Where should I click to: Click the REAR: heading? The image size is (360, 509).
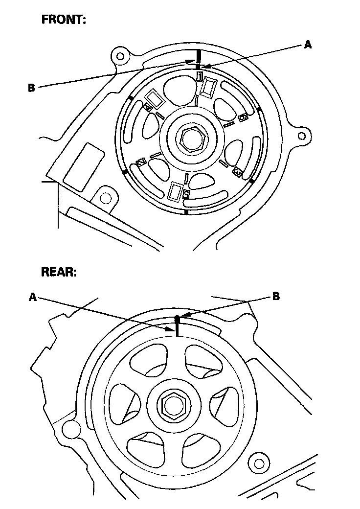(59, 273)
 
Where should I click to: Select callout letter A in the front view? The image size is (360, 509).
(308, 45)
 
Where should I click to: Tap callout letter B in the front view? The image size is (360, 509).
(31, 88)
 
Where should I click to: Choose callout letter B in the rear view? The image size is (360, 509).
(276, 297)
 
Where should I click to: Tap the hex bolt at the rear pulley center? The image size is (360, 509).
(172, 404)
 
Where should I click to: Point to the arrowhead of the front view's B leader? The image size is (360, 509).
(192, 61)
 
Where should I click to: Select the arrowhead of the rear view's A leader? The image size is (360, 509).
(172, 331)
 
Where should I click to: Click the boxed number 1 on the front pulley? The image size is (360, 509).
(200, 76)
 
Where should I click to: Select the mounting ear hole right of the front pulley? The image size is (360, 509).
(303, 135)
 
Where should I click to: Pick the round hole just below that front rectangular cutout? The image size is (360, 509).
(104, 198)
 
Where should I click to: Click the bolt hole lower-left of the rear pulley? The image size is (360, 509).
(72, 429)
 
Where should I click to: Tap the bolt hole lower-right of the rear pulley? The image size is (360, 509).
(259, 463)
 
